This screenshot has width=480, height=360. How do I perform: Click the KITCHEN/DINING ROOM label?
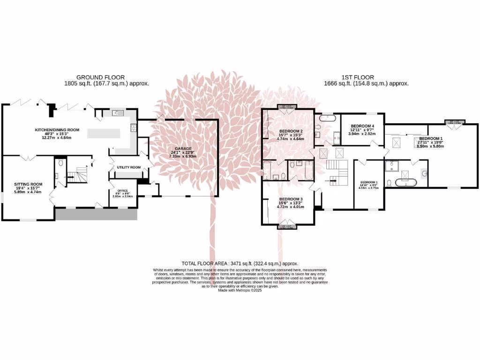click(x=57, y=130)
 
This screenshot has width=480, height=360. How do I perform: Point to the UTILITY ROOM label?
click(x=128, y=167)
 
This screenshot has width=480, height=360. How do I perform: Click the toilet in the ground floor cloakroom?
click(x=61, y=164)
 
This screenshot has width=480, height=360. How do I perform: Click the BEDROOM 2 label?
click(x=291, y=131)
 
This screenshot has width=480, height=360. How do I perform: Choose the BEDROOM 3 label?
click(x=291, y=199)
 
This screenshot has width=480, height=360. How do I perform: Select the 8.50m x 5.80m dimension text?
click(x=431, y=146)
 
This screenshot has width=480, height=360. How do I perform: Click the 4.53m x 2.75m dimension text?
click(x=368, y=188)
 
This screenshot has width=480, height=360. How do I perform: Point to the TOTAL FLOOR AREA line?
click(x=240, y=264)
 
